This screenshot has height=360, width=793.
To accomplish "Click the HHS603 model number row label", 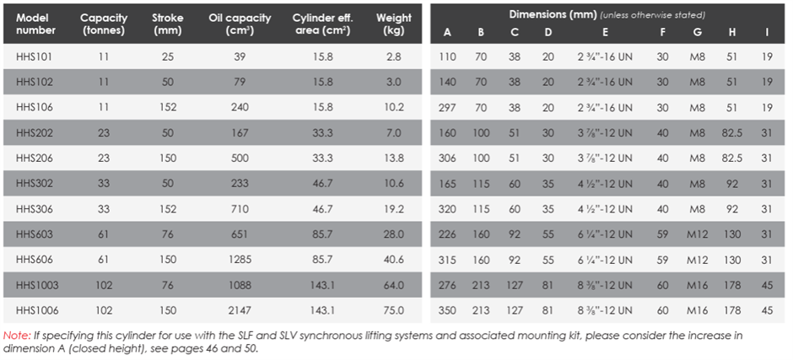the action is point(35,234).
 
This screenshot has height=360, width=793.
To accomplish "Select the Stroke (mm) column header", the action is point(168,24).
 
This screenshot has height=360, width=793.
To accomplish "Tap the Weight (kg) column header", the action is point(393,24).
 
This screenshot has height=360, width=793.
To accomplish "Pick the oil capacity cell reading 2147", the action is point(240,310).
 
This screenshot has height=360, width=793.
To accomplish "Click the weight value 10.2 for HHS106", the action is point(393,107).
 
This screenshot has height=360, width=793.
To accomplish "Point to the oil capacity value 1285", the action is point(240,260).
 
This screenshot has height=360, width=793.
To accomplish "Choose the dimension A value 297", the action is point(448,107).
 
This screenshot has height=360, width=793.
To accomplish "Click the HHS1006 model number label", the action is point(37,310).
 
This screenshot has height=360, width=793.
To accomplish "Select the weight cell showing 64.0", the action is point(393,285).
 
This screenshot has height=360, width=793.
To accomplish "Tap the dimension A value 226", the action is point(448,234).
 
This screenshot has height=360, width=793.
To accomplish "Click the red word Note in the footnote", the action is point(13,336).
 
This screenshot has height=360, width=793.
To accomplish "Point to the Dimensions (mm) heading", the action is point(553,14).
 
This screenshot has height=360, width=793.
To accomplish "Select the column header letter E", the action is point(606,32).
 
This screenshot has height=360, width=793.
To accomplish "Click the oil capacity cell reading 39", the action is point(240,56).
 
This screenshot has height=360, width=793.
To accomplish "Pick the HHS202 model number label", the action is point(35,132).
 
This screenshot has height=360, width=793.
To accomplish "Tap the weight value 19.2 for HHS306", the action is point(393,209).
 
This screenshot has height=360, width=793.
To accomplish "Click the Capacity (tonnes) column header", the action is point(103,24).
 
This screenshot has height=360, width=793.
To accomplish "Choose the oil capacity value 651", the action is point(240,234).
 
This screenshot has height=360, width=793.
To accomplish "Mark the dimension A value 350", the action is point(448,310).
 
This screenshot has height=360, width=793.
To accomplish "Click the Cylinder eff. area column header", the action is point(322,24).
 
